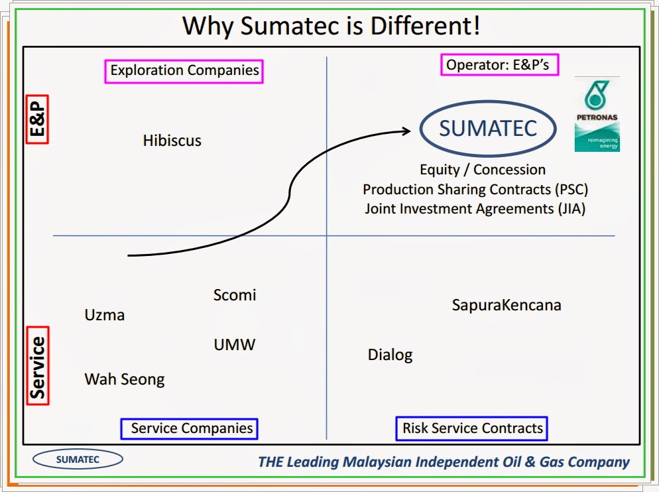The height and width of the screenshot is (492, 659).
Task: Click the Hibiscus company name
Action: [172, 141]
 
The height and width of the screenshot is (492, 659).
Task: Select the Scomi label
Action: [235, 295]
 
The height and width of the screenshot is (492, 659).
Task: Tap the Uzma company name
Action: [105, 315]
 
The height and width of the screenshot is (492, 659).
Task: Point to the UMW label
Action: [235, 345]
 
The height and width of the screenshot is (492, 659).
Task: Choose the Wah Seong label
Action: [125, 379]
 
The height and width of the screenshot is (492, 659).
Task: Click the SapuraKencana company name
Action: [507, 305]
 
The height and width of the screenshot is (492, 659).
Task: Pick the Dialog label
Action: [390, 355]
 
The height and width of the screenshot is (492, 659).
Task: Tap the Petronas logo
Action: [597, 114]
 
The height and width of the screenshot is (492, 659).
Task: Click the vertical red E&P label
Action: [37, 119]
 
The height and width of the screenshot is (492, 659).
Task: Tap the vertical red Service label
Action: [38, 366]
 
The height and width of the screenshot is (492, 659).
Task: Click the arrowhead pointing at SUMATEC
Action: [406, 131]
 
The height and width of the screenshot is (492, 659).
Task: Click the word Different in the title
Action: [425, 26]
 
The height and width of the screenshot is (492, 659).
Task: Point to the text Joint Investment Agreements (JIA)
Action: [475, 209]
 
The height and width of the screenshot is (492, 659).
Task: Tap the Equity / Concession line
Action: [483, 170]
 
